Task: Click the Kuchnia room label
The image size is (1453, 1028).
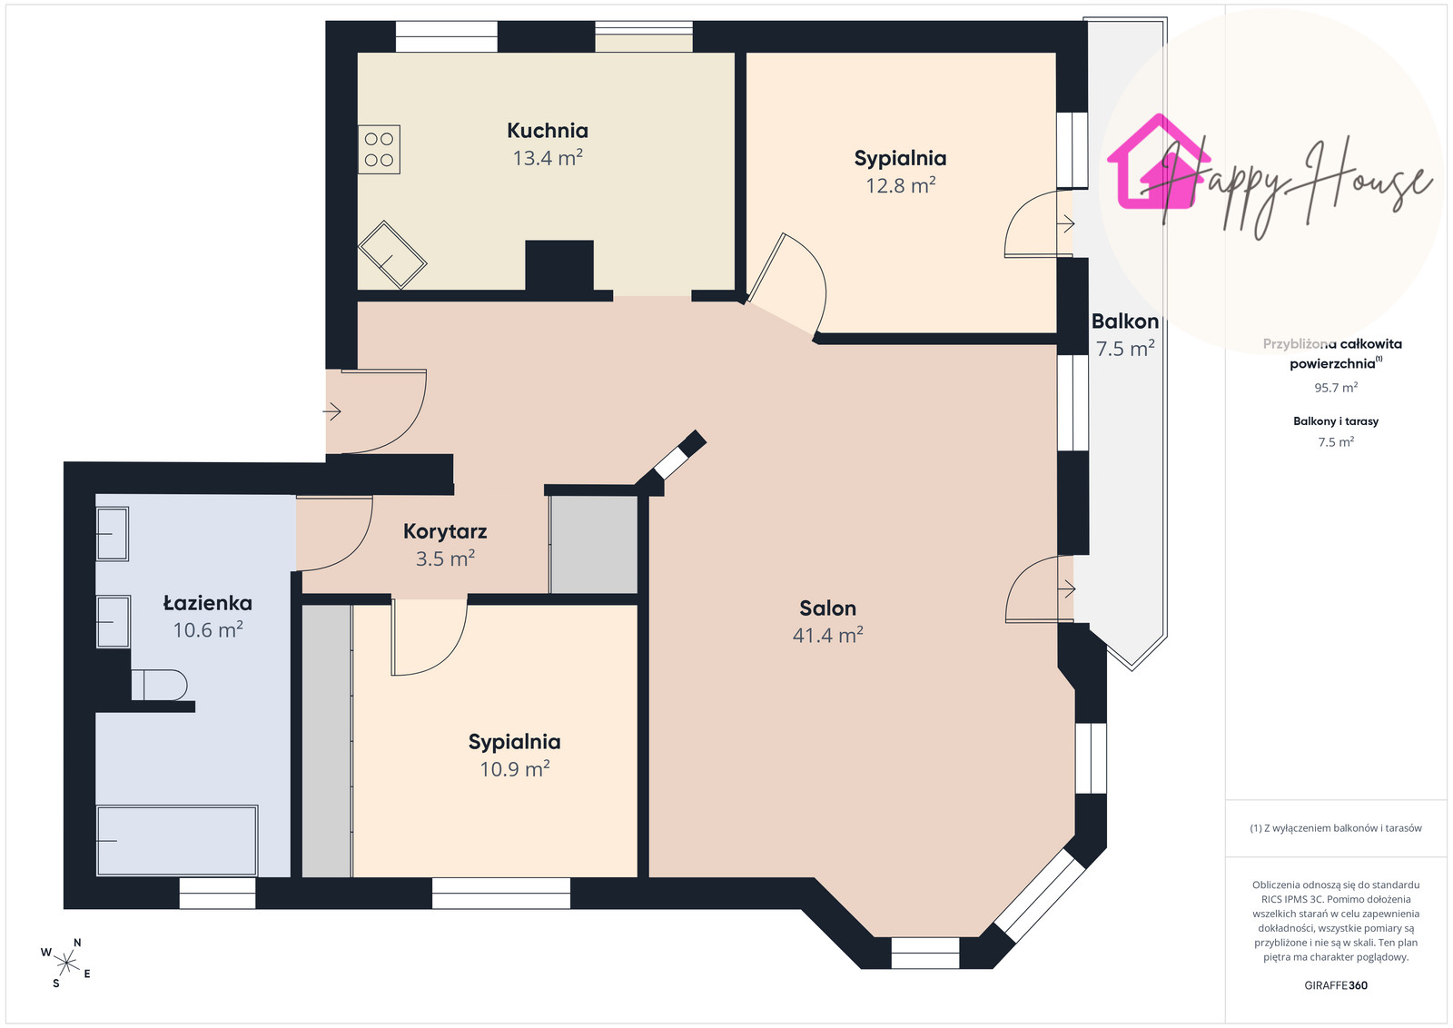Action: click(x=548, y=131)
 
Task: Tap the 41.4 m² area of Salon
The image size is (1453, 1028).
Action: click(x=827, y=634)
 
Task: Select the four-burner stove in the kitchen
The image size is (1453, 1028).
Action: click(x=379, y=149)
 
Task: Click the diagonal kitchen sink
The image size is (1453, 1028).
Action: click(x=392, y=255)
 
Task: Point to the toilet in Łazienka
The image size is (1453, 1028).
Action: click(x=160, y=685)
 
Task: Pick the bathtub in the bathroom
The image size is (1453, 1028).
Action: click(x=177, y=841)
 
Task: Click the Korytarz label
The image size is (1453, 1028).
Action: click(x=445, y=531)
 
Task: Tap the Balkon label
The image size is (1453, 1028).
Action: click(x=1125, y=321)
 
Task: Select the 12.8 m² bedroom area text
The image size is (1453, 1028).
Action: click(x=900, y=185)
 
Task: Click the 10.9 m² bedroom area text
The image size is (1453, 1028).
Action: click(x=514, y=768)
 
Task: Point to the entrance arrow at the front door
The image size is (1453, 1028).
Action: click(x=332, y=411)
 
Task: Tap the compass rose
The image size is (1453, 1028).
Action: click(x=66, y=964)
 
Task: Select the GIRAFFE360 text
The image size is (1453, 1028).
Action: click(x=1336, y=985)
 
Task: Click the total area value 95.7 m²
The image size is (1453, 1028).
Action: click(x=1336, y=387)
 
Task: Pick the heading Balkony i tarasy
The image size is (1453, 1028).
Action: click(x=1336, y=421)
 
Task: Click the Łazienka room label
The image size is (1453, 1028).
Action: click(x=208, y=603)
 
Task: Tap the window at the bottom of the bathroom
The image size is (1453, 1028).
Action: click(x=217, y=893)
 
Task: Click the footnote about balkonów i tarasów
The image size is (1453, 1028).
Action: click(x=1336, y=828)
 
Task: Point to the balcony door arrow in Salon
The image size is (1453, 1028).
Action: click(x=1066, y=588)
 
